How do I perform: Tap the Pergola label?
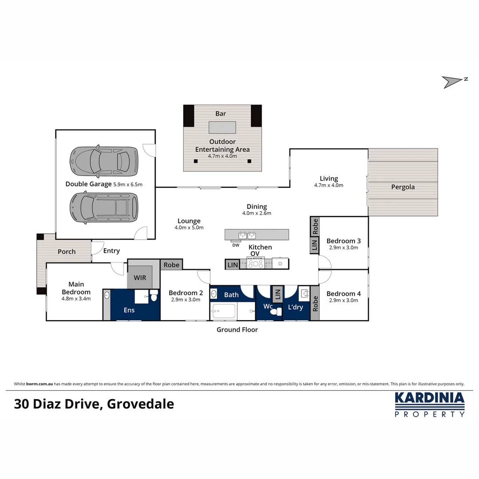point(403,187)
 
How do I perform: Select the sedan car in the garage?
point(103,159)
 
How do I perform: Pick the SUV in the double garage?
point(103,207)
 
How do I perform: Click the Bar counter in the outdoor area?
point(223,127)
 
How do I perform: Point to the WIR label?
point(140,278)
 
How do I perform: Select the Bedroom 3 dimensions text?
point(343,248)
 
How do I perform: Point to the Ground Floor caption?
point(237,330)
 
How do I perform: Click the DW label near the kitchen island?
point(236,245)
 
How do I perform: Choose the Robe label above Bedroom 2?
point(172,265)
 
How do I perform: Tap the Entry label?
point(111,251)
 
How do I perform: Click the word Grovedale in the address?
point(141,404)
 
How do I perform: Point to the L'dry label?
point(295,307)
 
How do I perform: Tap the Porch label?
point(67,251)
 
